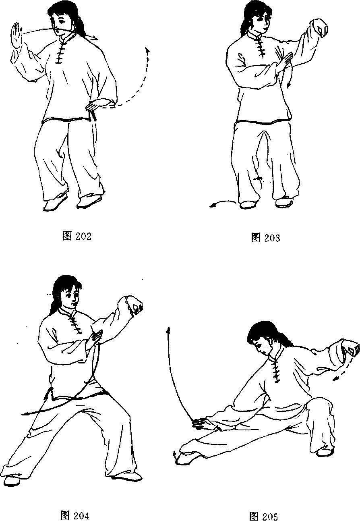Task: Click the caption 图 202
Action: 77,236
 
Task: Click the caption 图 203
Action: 266,238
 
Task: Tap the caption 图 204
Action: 74,515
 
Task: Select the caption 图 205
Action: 263,516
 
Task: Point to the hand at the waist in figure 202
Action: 97,104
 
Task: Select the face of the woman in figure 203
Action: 262,23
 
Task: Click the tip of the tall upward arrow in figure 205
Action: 168,328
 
